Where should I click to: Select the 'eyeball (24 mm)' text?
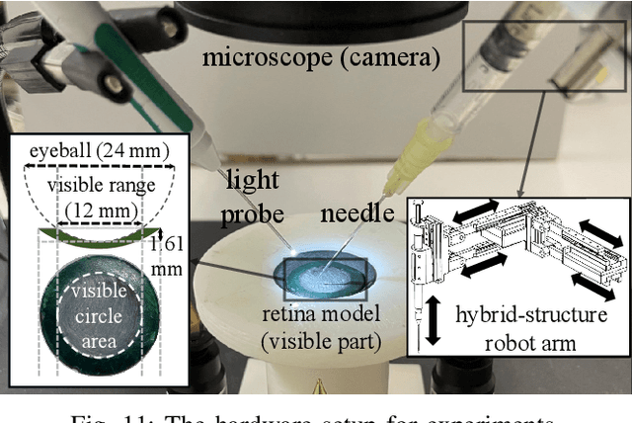pos(95,150)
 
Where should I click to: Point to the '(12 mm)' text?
pos(95,210)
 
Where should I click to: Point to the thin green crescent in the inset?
pos(96,236)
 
